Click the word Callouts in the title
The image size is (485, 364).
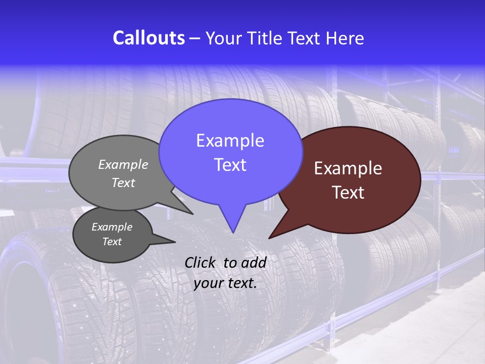tap(149, 38)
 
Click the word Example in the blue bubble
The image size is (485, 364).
tap(230, 141)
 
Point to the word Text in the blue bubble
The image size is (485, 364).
tap(230, 165)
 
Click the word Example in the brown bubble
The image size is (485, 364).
tap(348, 168)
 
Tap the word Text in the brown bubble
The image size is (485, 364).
tap(348, 193)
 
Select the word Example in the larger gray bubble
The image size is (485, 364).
tap(123, 164)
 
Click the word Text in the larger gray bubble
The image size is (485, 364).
tap(123, 183)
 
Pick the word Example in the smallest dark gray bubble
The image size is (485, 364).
tap(112, 227)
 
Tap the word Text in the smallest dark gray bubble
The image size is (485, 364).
tap(112, 242)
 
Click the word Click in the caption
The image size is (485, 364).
tap(201, 262)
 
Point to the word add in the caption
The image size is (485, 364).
tap(254, 262)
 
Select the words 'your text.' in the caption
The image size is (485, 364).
tap(225, 283)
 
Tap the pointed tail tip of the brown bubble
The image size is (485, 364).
tap(269, 238)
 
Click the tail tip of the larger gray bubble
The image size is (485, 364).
tap(192, 214)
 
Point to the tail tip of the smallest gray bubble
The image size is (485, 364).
tap(175, 241)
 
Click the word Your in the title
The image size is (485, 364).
tap(223, 38)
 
